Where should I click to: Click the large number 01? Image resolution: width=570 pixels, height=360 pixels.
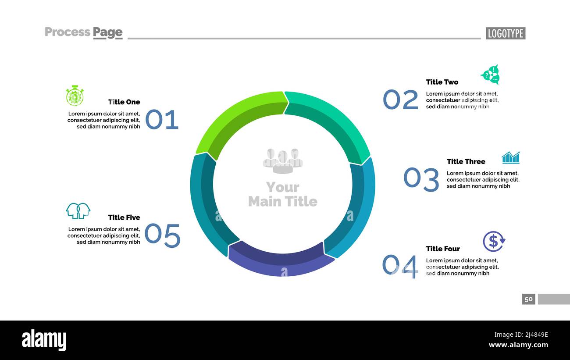[x=162, y=120]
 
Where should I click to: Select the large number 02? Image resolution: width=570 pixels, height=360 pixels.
[x=400, y=100]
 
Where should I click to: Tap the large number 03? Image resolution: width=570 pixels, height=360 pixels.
[x=421, y=179]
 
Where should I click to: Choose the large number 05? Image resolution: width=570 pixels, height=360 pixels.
[x=162, y=236]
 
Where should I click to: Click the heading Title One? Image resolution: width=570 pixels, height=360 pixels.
[x=124, y=102]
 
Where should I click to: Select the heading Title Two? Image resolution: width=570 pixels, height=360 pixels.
[x=442, y=82]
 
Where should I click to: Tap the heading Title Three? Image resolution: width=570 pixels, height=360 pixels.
[x=466, y=161]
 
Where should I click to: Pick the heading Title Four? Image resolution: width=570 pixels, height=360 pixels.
[x=443, y=249]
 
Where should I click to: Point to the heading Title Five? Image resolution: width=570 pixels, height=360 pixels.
[x=124, y=217]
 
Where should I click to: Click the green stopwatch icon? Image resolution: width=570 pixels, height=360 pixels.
[x=75, y=96]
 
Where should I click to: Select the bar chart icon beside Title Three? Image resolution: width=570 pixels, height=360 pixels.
[x=510, y=158]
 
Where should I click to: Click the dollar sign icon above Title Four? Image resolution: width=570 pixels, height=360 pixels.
[x=494, y=241]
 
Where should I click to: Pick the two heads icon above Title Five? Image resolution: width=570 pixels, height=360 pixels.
[x=78, y=211]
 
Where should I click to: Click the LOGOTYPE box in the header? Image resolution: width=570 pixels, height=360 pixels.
[x=505, y=33]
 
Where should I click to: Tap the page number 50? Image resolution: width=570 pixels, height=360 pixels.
[x=528, y=299]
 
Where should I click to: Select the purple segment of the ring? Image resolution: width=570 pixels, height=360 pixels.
[x=281, y=261]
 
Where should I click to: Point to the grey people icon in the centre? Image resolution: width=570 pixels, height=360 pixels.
[x=283, y=160]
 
